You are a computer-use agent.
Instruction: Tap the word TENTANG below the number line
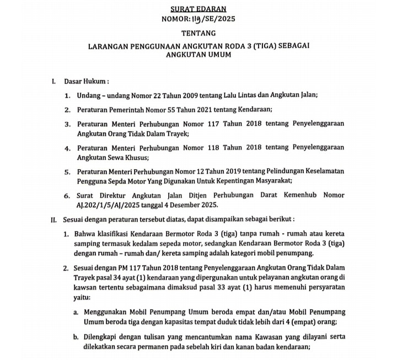tap(199, 33)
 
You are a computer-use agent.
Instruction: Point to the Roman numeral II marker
tap(53, 219)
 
